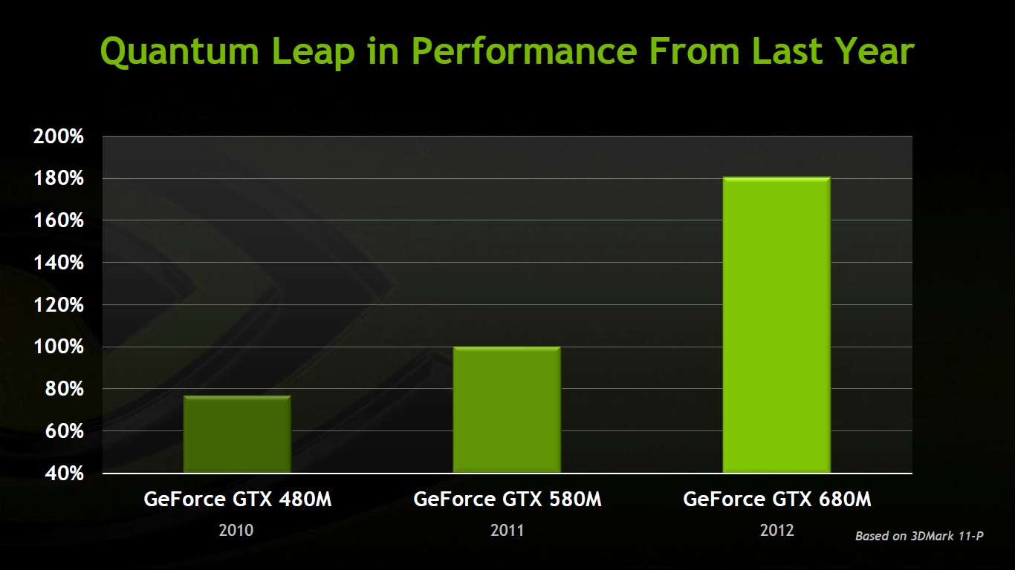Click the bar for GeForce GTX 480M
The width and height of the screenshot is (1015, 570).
[237, 434]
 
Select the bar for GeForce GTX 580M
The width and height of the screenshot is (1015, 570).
[507, 410]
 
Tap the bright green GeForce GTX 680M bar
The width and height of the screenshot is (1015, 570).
[776, 325]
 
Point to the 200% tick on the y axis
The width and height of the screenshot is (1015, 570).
[58, 137]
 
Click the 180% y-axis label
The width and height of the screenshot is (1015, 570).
[58, 179]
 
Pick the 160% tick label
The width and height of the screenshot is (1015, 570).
[58, 220]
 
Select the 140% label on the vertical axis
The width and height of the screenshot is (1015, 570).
[58, 263]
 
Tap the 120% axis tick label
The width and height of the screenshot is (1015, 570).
[58, 305]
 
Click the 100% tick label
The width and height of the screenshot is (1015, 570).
[58, 347]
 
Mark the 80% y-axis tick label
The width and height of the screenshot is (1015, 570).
[61, 389]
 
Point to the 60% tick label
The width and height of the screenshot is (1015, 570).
[61, 431]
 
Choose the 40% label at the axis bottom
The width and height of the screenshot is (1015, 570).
[61, 473]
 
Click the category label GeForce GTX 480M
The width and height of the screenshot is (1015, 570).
[238, 499]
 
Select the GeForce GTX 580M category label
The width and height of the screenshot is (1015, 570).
[507, 499]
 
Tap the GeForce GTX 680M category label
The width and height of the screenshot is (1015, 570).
[776, 499]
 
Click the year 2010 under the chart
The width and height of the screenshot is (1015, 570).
[236, 531]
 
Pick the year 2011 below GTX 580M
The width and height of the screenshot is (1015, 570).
[507, 531]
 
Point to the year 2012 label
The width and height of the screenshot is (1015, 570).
[776, 531]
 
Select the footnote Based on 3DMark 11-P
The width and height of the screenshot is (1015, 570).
[919, 536]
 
